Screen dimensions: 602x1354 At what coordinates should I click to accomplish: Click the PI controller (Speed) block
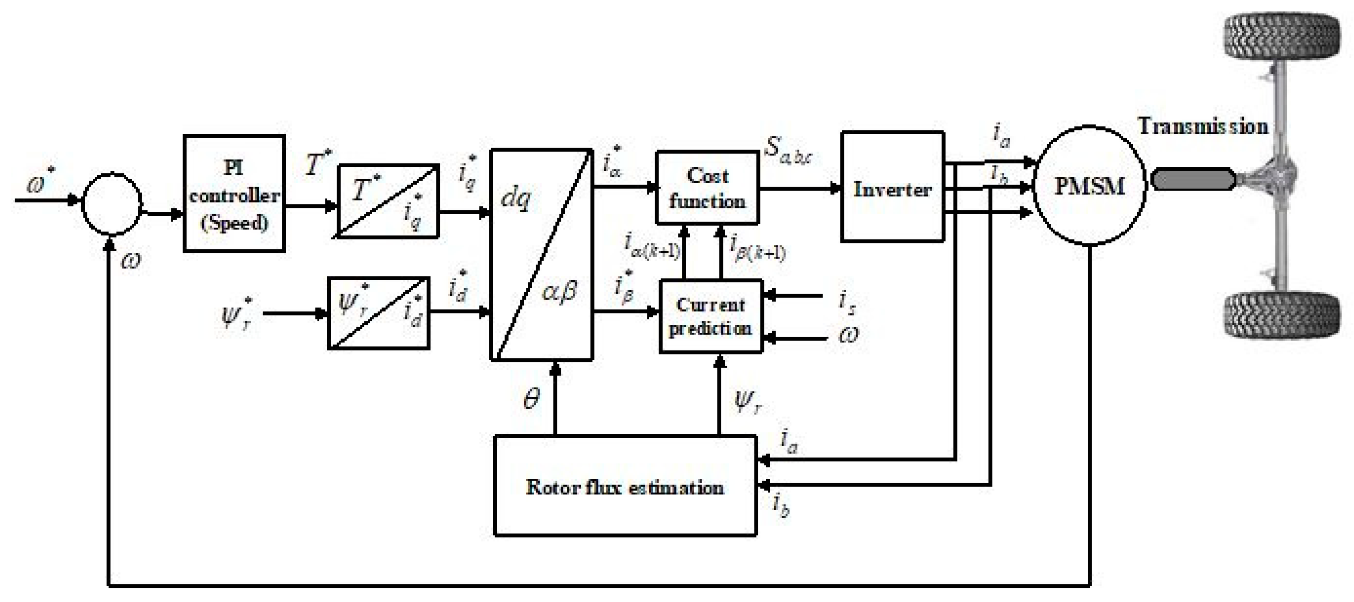pyautogui.click(x=234, y=194)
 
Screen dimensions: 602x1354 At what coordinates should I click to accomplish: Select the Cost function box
pyautogui.click(x=707, y=188)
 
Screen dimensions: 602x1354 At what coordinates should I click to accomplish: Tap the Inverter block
pyautogui.click(x=892, y=187)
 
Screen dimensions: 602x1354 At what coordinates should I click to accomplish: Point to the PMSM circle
pyautogui.click(x=1089, y=185)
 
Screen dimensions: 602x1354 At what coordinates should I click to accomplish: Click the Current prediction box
pyautogui.click(x=710, y=316)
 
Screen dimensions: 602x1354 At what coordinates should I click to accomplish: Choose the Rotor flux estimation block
pyautogui.click(x=625, y=486)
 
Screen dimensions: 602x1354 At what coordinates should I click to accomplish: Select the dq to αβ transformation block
pyautogui.click(x=541, y=255)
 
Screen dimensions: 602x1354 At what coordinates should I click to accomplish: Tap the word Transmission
pyautogui.click(x=1203, y=127)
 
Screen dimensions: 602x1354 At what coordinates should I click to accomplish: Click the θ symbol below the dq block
pyautogui.click(x=531, y=400)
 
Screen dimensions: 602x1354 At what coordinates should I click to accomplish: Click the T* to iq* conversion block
pyautogui.click(x=387, y=202)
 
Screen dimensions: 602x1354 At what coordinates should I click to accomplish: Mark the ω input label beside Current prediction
pyautogui.click(x=848, y=335)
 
